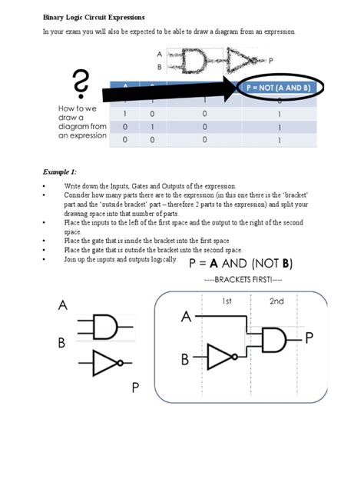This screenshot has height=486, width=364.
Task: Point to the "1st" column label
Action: (227, 301)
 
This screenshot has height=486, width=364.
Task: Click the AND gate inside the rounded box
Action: (274, 337)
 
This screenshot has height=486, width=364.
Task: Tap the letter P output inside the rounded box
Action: (309, 337)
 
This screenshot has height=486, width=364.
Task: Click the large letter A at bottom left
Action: (62, 305)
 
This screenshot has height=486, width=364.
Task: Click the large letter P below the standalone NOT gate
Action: (135, 388)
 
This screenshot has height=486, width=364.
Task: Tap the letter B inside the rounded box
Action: (185, 359)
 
